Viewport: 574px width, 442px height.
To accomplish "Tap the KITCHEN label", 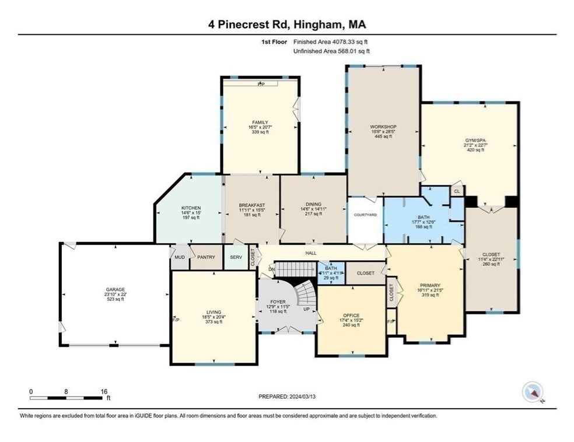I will click(191, 208).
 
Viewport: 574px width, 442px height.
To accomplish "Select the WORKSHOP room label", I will click(383, 127).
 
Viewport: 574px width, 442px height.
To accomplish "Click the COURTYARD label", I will click(365, 215).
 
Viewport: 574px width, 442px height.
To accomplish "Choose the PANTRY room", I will click(206, 257).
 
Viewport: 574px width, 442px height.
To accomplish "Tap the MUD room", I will click(178, 257).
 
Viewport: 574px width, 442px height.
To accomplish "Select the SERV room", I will click(236, 257).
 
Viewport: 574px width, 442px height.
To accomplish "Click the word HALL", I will click(311, 253).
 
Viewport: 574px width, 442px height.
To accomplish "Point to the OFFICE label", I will click(351, 315).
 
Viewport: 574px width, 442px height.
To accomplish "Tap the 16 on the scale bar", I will click(104, 392).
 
